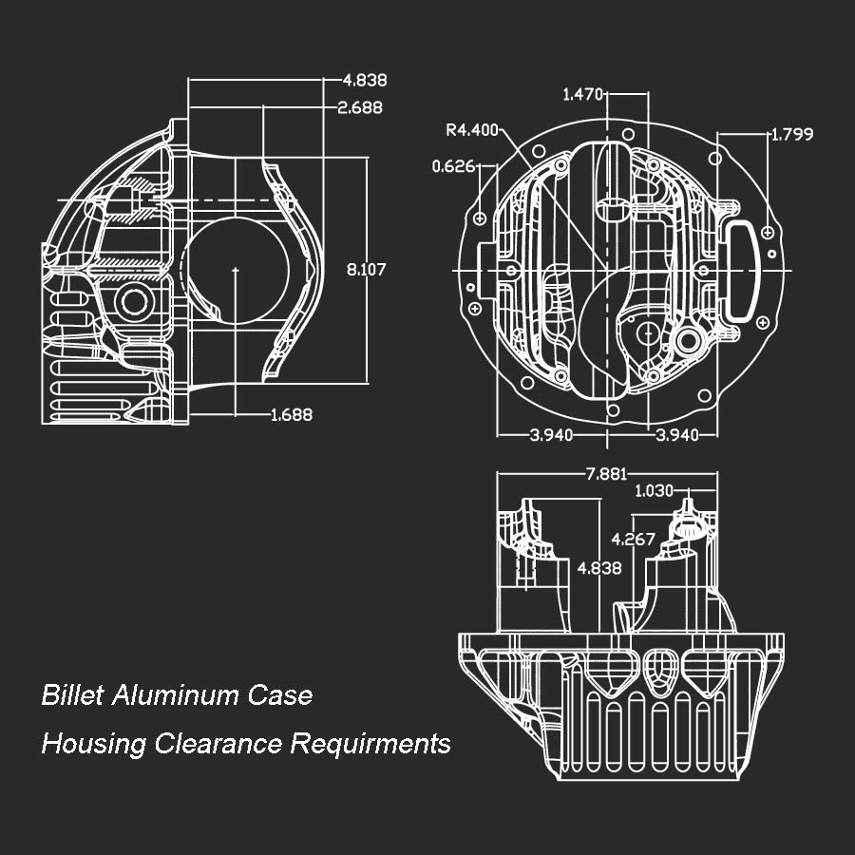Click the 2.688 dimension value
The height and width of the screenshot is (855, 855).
pyautogui.click(x=360, y=108)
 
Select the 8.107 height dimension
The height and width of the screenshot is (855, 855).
pyautogui.click(x=366, y=270)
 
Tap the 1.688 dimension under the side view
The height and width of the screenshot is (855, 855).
pyautogui.click(x=292, y=414)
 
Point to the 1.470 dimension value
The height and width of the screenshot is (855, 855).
pyautogui.click(x=583, y=94)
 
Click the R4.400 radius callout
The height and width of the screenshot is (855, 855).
pyautogui.click(x=472, y=130)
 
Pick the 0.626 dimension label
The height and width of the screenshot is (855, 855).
pyautogui.click(x=453, y=166)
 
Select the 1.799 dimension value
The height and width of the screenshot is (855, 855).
pyautogui.click(x=791, y=135)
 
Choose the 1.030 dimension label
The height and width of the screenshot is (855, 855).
pyautogui.click(x=654, y=491)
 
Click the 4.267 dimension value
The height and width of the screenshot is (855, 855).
pyautogui.click(x=633, y=539)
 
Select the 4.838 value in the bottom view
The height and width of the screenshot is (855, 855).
pyautogui.click(x=599, y=568)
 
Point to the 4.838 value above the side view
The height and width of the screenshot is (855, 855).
pyautogui.click(x=365, y=81)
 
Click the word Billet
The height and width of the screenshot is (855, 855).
pyautogui.click(x=72, y=695)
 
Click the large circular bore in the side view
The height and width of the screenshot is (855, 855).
pyautogui.click(x=235, y=270)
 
